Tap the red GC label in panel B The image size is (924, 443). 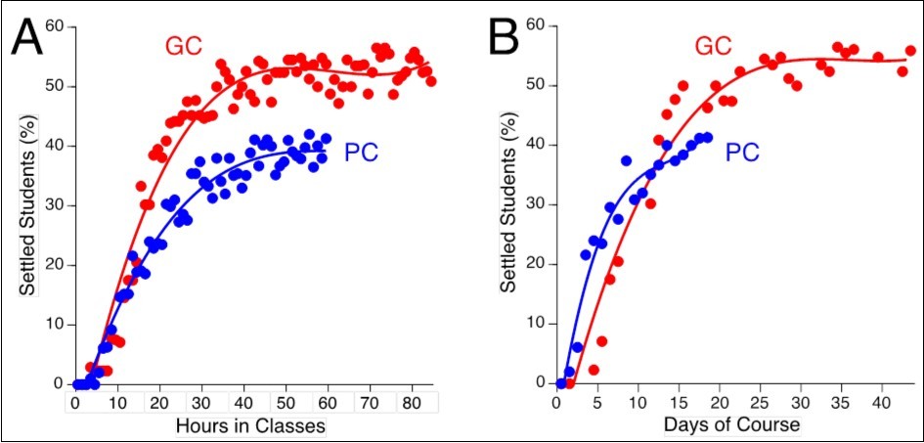click(x=715, y=47)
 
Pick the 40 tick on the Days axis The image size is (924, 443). click(x=880, y=402)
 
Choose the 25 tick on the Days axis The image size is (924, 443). click(x=760, y=402)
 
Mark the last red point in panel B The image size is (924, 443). click(x=910, y=51)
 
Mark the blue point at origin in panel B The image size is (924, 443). click(x=560, y=383)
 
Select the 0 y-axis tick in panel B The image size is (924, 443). click(x=538, y=382)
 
